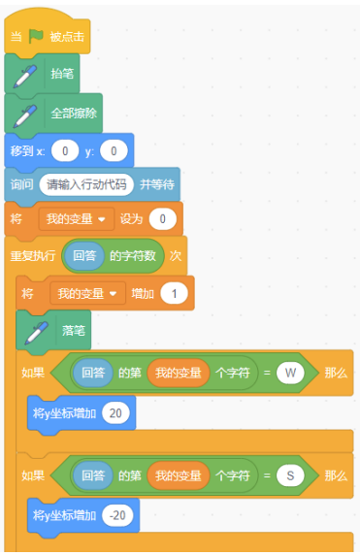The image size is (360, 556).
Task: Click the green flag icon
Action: coord(36,37)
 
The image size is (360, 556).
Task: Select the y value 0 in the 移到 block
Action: coord(114,150)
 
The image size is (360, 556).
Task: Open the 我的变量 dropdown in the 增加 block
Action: coord(88,293)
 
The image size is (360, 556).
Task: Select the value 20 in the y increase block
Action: coord(115,414)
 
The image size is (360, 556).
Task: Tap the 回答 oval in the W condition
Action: coord(94,373)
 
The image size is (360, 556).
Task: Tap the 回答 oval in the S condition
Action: coord(94,475)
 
